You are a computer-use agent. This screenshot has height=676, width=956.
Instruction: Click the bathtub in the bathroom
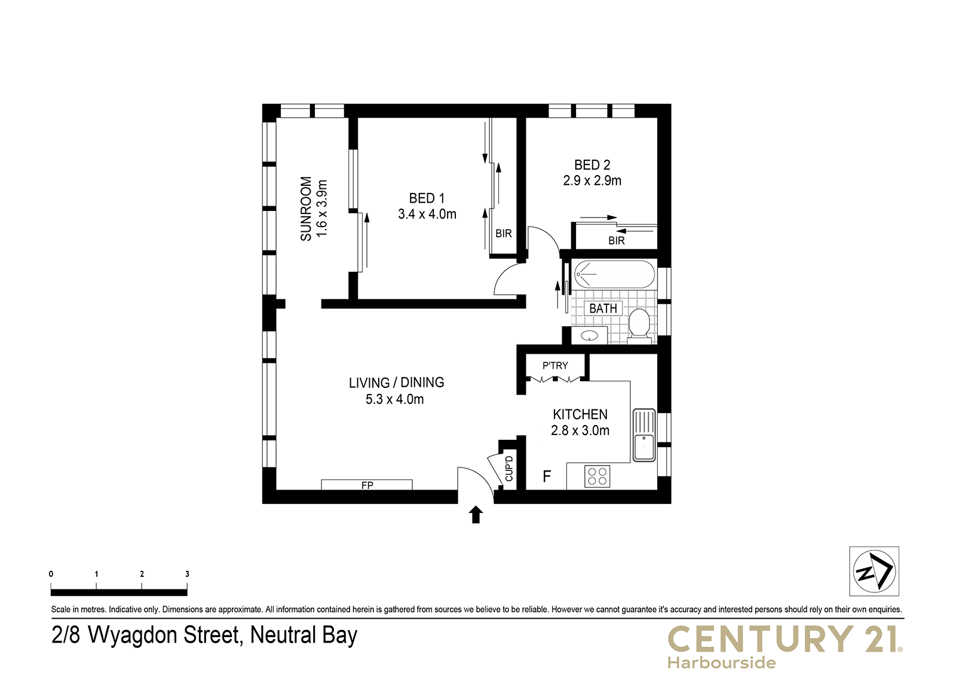point(614,274)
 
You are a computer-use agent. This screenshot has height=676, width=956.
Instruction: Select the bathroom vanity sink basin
point(589,336)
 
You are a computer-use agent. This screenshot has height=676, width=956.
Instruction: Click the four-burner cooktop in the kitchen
point(597,476)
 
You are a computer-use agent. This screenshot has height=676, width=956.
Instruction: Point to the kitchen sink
point(644,435)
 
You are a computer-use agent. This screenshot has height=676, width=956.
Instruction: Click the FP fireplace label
point(367,485)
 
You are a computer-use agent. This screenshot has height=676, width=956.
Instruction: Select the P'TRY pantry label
point(555,366)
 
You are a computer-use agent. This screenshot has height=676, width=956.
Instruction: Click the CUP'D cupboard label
point(508,469)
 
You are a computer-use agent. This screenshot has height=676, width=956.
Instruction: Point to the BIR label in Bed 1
point(504,234)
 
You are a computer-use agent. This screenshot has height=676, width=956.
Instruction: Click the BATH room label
point(603,308)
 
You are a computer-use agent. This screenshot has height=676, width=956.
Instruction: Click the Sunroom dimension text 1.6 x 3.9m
point(322,209)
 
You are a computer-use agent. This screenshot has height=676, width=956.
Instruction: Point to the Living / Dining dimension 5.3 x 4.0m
point(395,399)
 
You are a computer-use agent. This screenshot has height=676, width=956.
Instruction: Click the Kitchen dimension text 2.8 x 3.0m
point(580,430)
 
